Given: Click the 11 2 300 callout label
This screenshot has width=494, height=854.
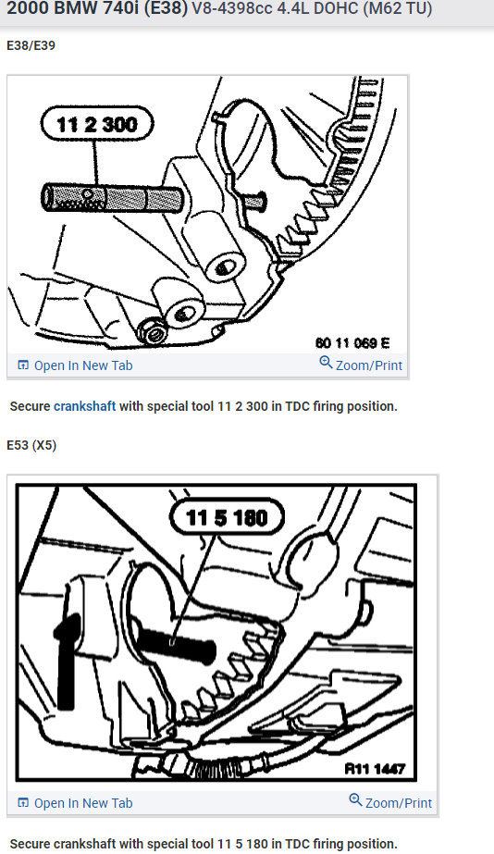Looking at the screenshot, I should pyautogui.click(x=96, y=124).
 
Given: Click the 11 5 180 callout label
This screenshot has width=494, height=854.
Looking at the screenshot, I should pyautogui.click(x=226, y=518).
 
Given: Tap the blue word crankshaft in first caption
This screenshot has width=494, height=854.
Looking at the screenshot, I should pyautogui.click(x=85, y=406).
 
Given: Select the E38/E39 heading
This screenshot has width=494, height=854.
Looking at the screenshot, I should pyautogui.click(x=31, y=45).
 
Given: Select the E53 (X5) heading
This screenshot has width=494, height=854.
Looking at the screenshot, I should pyautogui.click(x=31, y=445).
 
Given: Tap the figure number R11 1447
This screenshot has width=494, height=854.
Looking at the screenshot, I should pyautogui.click(x=375, y=769).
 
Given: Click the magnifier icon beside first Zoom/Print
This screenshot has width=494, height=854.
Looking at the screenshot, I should pyautogui.click(x=326, y=364).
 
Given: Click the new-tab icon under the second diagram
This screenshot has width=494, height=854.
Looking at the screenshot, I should pyautogui.click(x=23, y=802).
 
